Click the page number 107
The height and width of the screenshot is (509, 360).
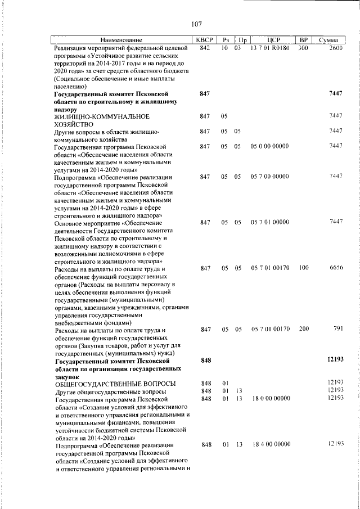click(196, 24)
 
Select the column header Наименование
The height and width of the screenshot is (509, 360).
click(121, 40)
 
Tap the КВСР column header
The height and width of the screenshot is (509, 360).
click(204, 40)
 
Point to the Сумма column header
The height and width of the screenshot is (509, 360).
click(328, 40)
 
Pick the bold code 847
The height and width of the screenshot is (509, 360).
click(205, 93)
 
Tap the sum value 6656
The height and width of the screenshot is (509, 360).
click(336, 268)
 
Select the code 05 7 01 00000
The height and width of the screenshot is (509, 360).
click(270, 222)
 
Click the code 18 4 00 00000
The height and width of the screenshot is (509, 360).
click(270, 444)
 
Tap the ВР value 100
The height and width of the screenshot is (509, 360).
click(304, 268)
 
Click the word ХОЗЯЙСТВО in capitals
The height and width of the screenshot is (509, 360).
click(79, 123)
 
